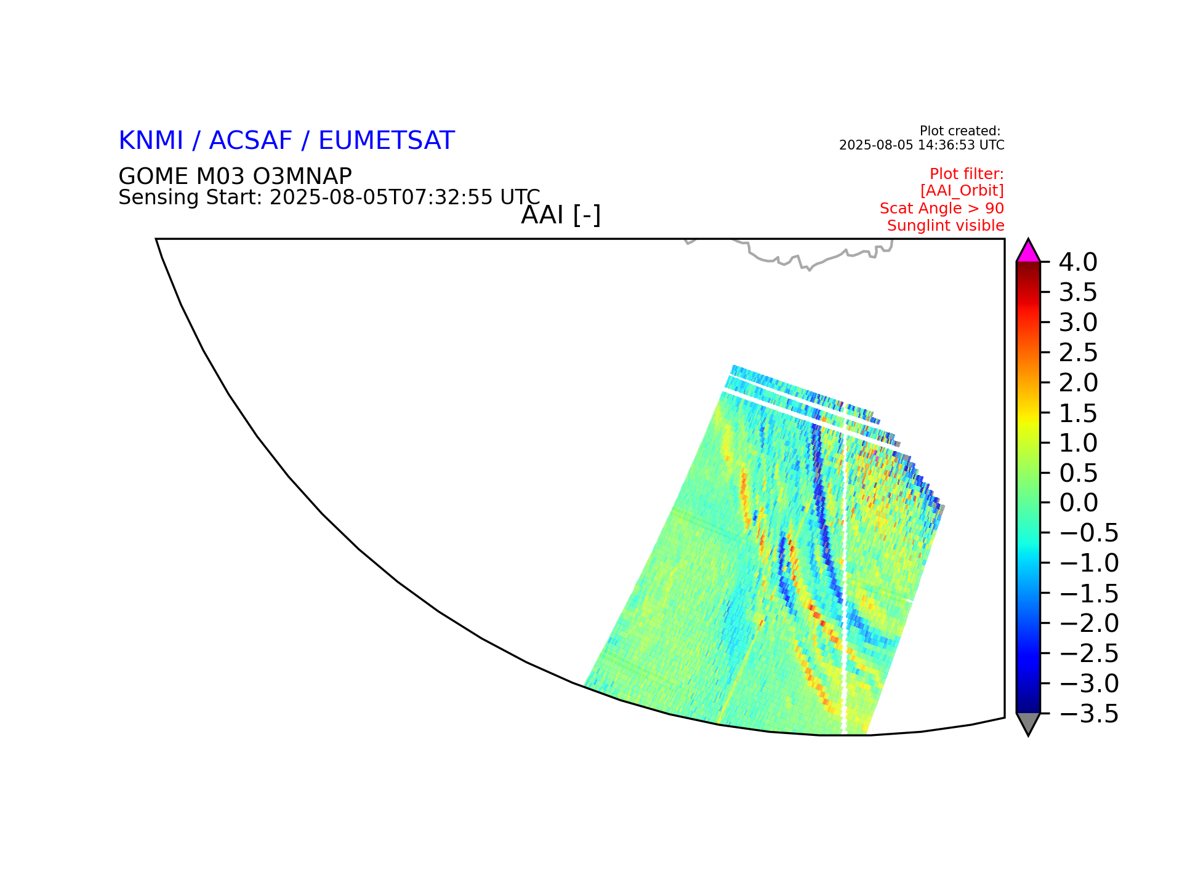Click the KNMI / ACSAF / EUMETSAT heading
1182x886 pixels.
pos(286,141)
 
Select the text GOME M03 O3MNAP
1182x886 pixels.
pos(235,177)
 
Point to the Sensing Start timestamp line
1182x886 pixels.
pos(329,198)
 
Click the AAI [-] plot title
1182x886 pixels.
pos(561,215)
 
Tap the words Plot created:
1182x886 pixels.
pos(960,131)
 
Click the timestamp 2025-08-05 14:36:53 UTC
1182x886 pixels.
pos(922,145)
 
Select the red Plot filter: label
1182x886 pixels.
pos(967,174)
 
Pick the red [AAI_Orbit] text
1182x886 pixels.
pos(962,191)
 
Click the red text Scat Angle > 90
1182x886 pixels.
pos(942,209)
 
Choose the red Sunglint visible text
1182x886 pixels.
pos(946,226)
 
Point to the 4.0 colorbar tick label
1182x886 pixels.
pos(1078,262)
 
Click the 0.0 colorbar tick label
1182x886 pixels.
pos(1078,503)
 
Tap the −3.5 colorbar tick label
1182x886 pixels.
pos(1088,714)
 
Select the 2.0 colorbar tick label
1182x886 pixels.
pos(1078,383)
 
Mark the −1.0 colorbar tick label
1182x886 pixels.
pos(1088,563)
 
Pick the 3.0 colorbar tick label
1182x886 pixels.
pos(1078,322)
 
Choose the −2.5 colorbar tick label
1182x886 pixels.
pos(1088,653)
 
